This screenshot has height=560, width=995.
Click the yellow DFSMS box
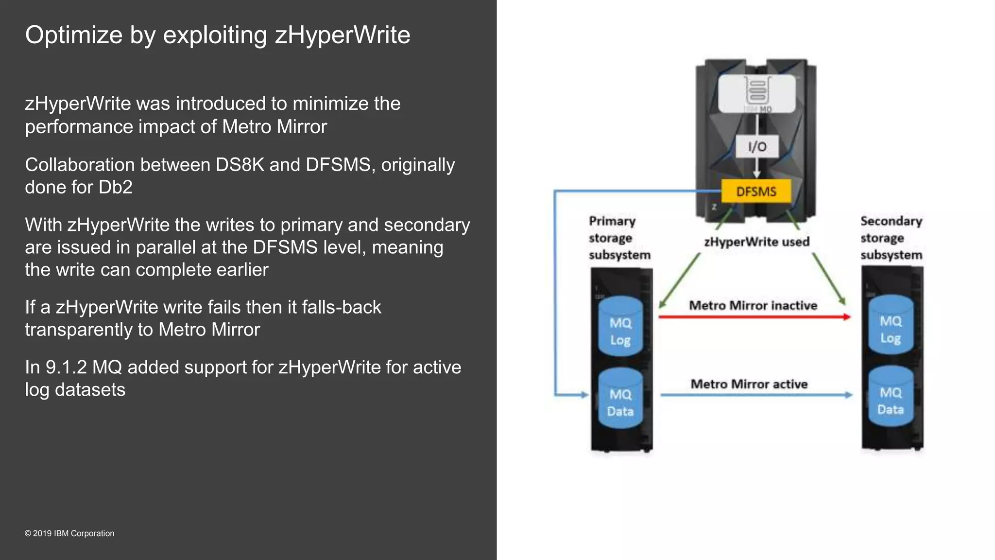click(x=756, y=191)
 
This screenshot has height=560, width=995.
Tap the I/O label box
click(x=757, y=146)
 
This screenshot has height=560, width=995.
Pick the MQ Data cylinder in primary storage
click(x=620, y=399)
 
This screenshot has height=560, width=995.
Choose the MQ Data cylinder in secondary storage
click(x=891, y=397)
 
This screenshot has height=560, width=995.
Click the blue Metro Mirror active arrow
click(x=755, y=395)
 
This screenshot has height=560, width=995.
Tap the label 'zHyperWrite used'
click(x=756, y=242)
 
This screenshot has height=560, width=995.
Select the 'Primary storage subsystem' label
click(x=618, y=238)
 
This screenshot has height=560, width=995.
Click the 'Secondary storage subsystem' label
click(x=891, y=238)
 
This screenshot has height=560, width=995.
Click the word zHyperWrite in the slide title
click(x=343, y=35)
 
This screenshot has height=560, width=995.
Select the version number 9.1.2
click(x=66, y=367)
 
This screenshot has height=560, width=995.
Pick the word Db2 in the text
click(x=115, y=187)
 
